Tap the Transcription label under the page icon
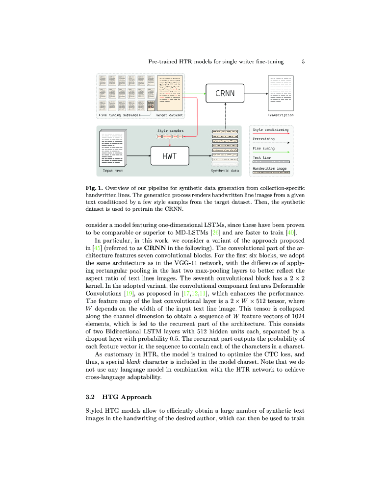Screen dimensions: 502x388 point(281,115)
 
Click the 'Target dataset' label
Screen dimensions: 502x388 point(169,115)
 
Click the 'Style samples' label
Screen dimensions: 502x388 point(170,131)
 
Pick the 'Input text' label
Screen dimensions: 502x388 point(113,171)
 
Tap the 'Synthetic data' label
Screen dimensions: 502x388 point(225,171)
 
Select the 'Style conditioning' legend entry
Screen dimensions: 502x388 point(270,129)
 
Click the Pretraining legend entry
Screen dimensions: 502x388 point(263,139)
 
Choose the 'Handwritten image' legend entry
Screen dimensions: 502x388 point(269,168)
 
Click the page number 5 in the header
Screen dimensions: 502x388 point(304,62)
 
